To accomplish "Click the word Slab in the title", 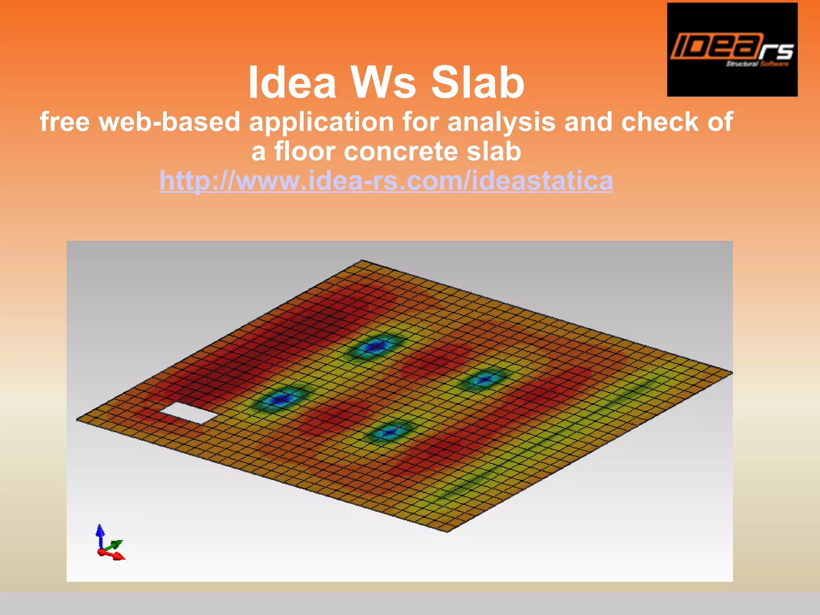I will pos(477,83).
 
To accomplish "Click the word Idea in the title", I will pos(292,83).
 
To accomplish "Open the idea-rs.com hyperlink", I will pos(386,181).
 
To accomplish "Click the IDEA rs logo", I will pos(732,50).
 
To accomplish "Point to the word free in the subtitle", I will pos(64,122).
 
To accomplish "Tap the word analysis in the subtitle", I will pos(501,122).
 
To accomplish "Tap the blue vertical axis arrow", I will pos(100,535).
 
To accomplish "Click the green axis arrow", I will pos(116,545).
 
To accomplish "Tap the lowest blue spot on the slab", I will pos(389,432).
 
